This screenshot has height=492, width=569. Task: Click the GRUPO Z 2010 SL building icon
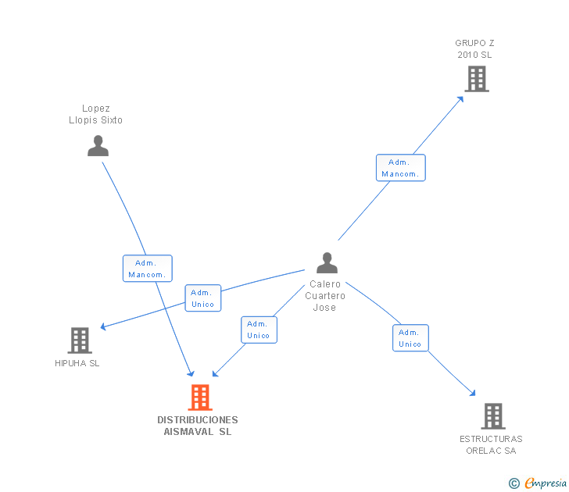coord(477,79)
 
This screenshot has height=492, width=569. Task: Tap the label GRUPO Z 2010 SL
coord(475,49)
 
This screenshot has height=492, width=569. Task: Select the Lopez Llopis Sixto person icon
coord(98,146)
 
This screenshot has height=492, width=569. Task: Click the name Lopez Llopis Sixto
coord(95,115)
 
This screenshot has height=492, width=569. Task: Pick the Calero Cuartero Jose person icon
coord(327,263)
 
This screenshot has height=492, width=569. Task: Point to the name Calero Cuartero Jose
coord(325,296)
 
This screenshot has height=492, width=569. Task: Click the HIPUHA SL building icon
coord(80,340)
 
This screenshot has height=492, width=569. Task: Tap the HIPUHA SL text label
coord(77,363)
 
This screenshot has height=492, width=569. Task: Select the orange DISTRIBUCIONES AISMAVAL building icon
coord(200,398)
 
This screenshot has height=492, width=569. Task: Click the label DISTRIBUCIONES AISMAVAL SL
coord(198,426)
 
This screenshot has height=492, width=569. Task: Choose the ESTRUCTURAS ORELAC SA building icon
coord(492,416)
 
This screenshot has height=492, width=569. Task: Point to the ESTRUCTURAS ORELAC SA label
coord(491,444)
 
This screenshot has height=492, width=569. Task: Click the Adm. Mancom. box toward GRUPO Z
coord(400,168)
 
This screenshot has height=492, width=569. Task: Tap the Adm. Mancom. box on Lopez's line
coord(147,269)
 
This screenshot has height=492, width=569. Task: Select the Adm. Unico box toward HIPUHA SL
coord(203,298)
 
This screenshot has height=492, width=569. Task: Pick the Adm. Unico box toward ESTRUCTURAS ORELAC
coord(410,338)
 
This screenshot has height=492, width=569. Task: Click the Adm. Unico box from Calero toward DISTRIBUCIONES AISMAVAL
coord(259,330)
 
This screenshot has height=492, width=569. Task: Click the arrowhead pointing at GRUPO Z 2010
coord(460,98)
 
